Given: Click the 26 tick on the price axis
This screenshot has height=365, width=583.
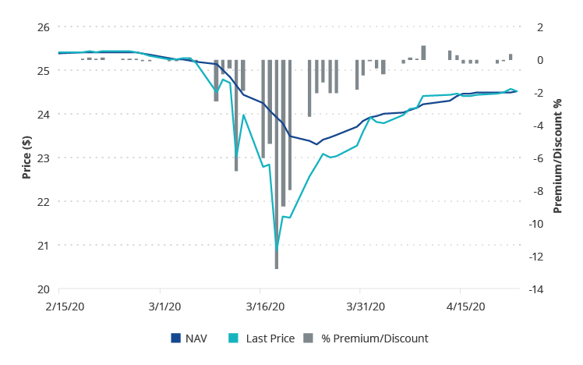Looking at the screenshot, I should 43,27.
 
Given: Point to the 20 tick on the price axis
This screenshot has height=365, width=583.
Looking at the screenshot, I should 43,289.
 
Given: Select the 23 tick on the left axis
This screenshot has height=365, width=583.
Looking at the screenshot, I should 43,158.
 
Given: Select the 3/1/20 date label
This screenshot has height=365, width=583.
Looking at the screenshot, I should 164,307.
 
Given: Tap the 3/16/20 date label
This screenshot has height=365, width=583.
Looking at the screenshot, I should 264,307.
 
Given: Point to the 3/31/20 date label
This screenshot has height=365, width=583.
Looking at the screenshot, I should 364,307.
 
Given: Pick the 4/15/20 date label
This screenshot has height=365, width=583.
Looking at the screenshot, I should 464,307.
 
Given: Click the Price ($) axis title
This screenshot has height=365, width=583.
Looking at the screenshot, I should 26,158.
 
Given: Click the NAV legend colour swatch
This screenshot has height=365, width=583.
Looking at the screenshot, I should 175,338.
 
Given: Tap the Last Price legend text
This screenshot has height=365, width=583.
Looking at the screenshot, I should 270,338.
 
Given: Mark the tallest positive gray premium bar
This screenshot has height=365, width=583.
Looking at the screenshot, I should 423,53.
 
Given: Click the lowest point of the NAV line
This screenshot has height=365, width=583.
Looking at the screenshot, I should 316,144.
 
